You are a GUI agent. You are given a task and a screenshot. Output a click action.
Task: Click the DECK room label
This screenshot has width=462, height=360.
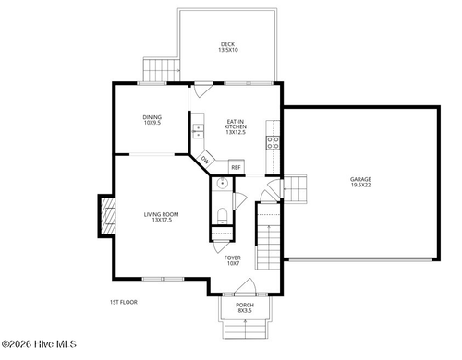pos(228,47)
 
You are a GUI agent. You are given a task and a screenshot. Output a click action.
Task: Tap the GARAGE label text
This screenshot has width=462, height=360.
pos(360,182)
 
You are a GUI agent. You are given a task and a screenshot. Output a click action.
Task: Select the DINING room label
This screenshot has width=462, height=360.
pos(152,120)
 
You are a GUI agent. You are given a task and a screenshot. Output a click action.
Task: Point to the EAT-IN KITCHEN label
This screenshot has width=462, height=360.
pos(236,126)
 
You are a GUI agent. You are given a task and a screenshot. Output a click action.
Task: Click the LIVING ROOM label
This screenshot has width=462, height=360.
pos(162,217)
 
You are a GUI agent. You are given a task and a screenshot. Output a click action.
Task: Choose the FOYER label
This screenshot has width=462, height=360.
pos(233,260)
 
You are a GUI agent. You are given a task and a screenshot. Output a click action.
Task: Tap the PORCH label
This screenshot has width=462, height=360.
pos(245,307)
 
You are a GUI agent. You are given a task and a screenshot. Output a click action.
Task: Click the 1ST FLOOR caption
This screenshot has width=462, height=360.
pos(124,302)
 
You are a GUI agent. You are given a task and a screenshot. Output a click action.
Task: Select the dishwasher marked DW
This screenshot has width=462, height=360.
pos(205,160)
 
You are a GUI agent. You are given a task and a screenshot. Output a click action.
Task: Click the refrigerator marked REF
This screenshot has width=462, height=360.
pos(237,167)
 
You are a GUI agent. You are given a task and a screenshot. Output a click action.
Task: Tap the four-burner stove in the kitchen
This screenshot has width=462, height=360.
pos(274,143)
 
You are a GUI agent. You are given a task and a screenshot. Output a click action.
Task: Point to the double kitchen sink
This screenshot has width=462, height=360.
pos(198,132)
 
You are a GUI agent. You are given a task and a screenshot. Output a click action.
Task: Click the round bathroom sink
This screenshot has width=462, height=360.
pos(222,184)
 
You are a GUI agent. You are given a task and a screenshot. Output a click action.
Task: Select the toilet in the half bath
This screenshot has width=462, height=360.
pos(222,216)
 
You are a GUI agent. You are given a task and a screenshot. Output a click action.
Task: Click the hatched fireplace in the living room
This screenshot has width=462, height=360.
pos(108,216)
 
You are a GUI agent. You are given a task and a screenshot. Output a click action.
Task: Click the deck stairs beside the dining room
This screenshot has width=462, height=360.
pos(162,70)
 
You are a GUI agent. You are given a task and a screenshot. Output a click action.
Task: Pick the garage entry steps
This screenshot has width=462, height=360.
pos(295,188)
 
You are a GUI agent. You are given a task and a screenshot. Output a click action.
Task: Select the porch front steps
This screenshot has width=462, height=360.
pos(245,330)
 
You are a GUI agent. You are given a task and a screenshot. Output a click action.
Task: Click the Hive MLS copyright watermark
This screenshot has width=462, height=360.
pos(39,344)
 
